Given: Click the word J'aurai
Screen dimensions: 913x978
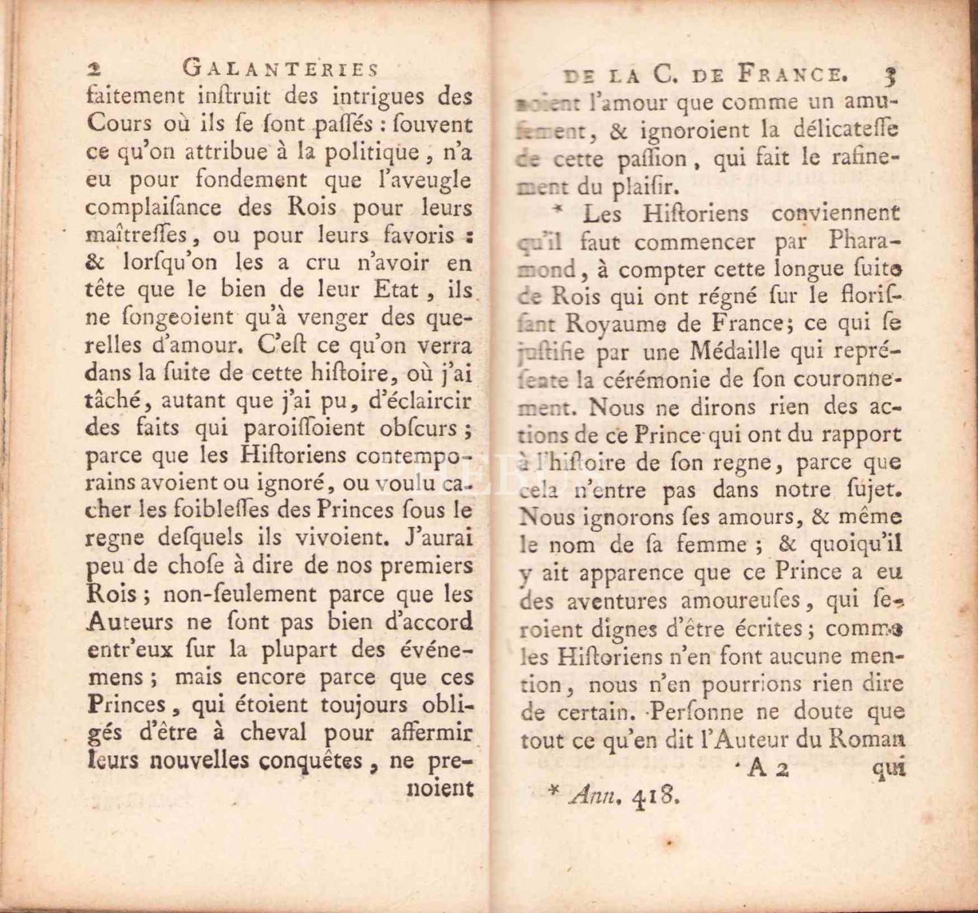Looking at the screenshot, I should click(x=438, y=538).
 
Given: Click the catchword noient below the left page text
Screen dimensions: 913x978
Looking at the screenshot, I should click(x=439, y=788).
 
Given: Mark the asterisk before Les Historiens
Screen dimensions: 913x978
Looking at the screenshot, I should click(x=558, y=210).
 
